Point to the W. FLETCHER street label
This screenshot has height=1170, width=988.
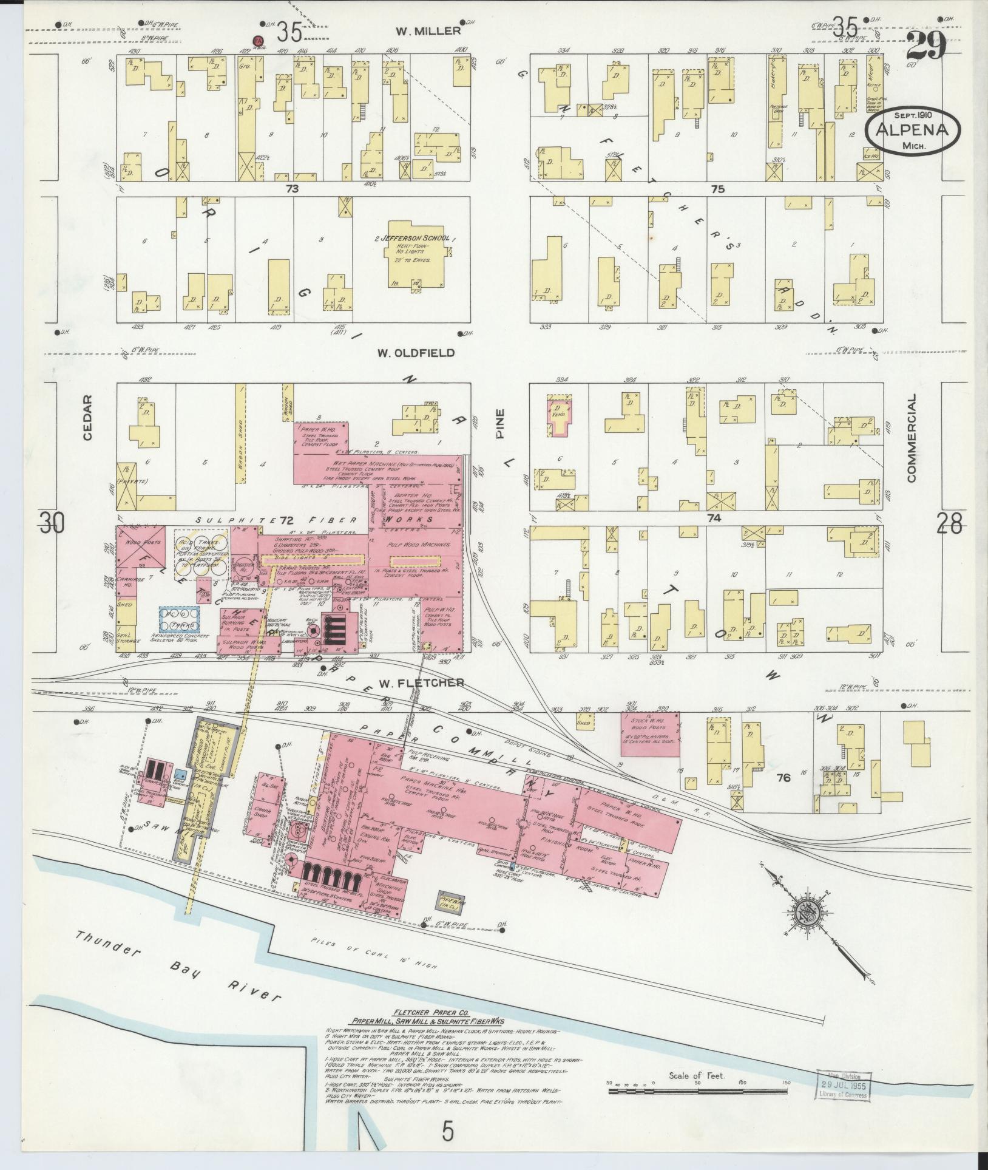(421, 683)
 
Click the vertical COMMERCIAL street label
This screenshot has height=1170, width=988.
(911, 437)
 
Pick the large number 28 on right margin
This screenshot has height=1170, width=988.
(948, 523)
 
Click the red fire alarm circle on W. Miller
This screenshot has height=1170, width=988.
(259, 41)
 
